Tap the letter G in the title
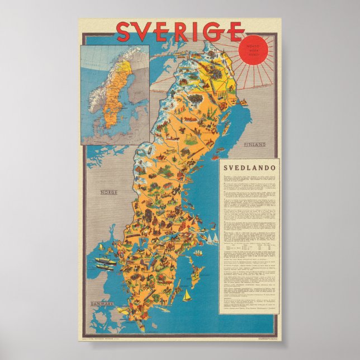click(x=215, y=32)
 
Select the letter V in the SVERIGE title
click(x=146, y=32)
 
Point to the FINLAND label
click(x=253, y=145)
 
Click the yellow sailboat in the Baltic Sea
click(x=187, y=295)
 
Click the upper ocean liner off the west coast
click(x=105, y=260)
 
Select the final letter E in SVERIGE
click(x=235, y=32)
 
